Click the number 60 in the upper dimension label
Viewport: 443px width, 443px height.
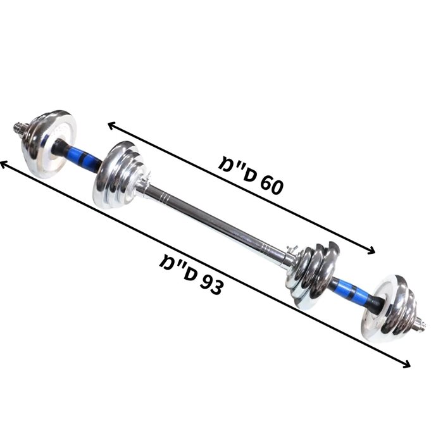click(271, 185)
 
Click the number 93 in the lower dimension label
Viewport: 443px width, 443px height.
click(211, 285)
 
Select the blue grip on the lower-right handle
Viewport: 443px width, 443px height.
click(353, 291)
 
